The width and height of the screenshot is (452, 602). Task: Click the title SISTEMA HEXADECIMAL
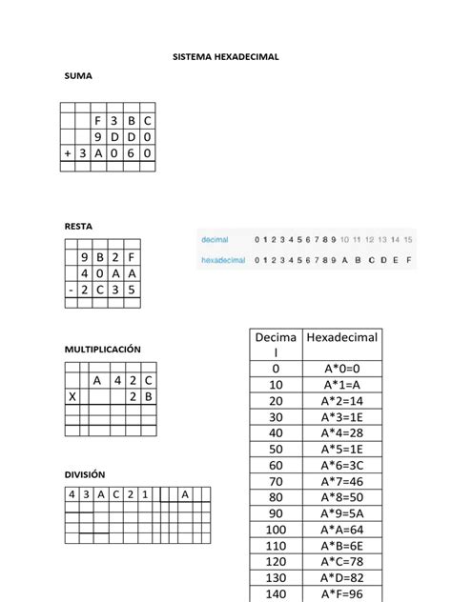click(225, 57)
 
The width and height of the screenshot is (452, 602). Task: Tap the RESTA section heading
click(80, 226)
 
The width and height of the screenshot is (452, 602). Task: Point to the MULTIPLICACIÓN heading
click(102, 350)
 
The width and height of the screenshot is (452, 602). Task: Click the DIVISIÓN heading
click(85, 473)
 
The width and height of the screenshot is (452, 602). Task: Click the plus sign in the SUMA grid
click(68, 152)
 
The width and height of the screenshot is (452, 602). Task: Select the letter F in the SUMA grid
click(97, 121)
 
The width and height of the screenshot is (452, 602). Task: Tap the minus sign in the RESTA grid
click(71, 290)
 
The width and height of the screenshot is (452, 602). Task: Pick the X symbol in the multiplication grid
click(72, 396)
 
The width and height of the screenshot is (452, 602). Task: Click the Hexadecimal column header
click(342, 338)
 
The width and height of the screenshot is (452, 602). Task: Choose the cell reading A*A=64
click(342, 530)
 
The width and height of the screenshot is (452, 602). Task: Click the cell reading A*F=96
click(342, 593)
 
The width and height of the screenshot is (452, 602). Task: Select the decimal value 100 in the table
click(276, 530)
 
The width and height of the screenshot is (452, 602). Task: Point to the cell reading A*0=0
click(342, 369)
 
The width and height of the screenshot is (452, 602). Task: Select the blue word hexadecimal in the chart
click(223, 259)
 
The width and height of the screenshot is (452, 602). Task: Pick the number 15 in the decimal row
click(408, 238)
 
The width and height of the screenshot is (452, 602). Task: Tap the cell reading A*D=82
click(342, 577)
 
